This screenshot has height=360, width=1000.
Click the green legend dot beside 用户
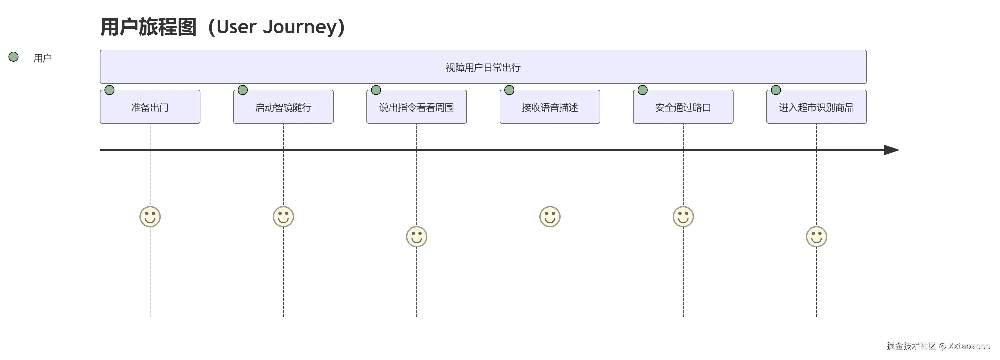click(14, 57)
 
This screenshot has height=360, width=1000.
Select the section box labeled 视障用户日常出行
click(483, 67)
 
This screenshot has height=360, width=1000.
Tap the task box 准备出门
click(150, 107)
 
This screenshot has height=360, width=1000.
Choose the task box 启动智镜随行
click(283, 107)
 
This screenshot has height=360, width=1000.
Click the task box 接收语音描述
click(550, 107)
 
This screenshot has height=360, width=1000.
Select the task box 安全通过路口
click(683, 107)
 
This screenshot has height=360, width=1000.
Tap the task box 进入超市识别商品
click(816, 107)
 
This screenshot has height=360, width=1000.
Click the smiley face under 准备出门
click(150, 216)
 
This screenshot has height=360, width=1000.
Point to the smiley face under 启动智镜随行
click(283, 216)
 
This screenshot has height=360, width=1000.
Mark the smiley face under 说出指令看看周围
click(417, 237)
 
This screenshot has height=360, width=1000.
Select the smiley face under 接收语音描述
click(550, 216)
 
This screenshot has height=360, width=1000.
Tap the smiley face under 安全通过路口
click(683, 216)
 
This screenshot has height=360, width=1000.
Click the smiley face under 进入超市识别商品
click(816, 237)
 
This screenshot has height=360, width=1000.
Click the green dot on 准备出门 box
click(109, 90)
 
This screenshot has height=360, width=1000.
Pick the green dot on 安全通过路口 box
click(642, 90)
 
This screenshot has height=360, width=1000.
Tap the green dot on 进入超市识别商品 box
click(776, 90)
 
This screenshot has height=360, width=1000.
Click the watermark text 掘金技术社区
click(911, 346)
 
